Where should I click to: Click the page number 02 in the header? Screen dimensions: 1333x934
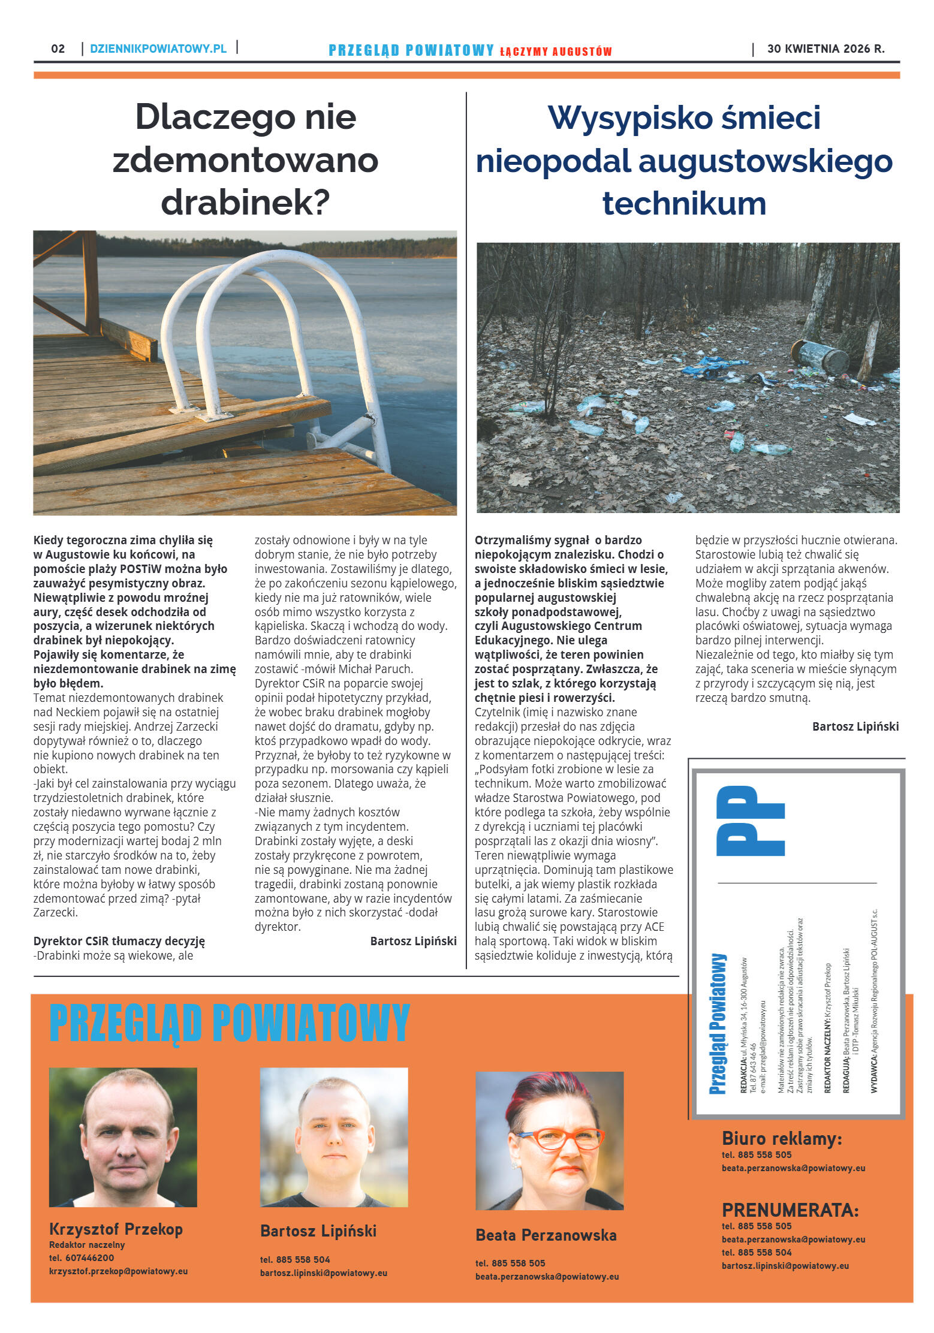(58, 49)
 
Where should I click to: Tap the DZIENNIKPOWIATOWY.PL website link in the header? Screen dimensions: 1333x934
(158, 49)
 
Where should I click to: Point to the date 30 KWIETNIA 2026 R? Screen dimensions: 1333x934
(825, 49)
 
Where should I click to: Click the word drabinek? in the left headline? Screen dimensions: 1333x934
(245, 203)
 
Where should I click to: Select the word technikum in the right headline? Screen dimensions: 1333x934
(684, 203)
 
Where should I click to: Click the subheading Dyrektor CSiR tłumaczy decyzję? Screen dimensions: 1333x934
(119, 941)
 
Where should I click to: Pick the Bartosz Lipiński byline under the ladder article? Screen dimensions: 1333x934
(413, 941)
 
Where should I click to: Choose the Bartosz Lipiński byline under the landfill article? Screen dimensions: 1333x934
(855, 726)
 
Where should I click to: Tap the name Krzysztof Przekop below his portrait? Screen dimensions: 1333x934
(116, 1229)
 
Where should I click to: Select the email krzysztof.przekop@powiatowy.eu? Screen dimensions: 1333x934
(118, 1271)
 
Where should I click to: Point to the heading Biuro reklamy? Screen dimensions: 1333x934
(782, 1138)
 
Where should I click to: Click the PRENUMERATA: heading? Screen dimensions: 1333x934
(790, 1210)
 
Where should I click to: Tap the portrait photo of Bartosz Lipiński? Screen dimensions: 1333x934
(334, 1137)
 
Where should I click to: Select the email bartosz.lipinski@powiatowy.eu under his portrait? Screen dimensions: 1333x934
(323, 1273)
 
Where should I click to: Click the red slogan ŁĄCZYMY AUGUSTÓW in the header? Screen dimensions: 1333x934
(556, 52)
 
